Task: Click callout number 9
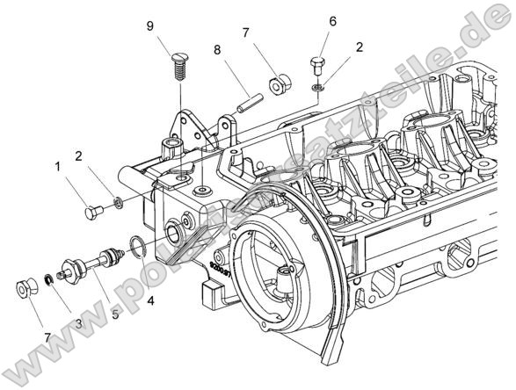[x=151, y=26]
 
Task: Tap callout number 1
[x=57, y=165]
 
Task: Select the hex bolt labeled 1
[x=93, y=210]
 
